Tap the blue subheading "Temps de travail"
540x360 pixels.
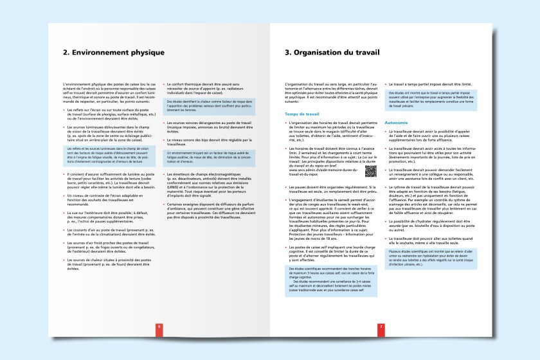click(302, 114)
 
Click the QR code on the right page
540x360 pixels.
click(370, 171)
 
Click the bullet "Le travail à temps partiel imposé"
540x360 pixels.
click(433, 84)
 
